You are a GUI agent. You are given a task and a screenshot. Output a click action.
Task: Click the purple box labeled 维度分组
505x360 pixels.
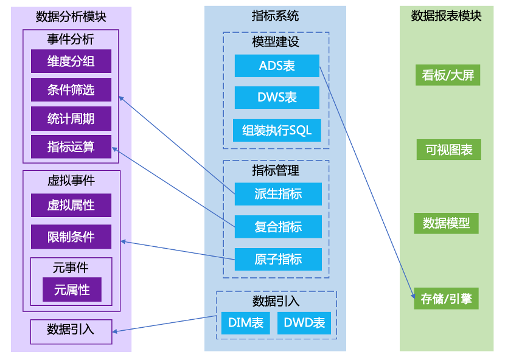tap(71, 61)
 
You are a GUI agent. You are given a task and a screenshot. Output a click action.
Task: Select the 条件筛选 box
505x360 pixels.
tap(71, 90)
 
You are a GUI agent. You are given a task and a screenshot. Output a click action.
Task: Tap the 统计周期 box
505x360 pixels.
tap(71, 119)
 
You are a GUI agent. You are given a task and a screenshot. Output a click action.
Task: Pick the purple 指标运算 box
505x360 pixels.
tap(71, 147)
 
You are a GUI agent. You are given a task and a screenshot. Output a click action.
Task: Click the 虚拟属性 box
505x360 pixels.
tap(71, 206)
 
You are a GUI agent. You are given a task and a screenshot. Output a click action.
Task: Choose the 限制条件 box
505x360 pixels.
tap(71, 237)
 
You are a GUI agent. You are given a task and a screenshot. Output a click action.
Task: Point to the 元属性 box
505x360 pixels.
tap(72, 290)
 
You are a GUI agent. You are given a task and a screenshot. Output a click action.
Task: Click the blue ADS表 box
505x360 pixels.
tap(277, 66)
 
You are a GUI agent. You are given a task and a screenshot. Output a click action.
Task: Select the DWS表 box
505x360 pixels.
tap(277, 98)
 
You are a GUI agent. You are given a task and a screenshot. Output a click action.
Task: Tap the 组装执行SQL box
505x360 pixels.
tap(277, 130)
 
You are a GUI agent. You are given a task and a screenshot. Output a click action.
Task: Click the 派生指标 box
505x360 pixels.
tap(278, 194)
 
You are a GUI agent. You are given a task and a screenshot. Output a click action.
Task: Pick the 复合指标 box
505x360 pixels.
tap(278, 227)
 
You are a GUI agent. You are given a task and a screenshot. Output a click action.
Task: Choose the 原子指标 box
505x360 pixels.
tap(278, 259)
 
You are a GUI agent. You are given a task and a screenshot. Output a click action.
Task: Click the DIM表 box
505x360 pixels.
tap(246, 323)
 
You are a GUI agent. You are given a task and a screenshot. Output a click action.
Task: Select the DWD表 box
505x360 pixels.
tap(304, 323)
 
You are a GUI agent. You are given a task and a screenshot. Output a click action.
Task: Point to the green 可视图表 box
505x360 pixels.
tap(449, 150)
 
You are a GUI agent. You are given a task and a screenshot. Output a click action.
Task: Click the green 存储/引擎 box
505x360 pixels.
tap(446, 299)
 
